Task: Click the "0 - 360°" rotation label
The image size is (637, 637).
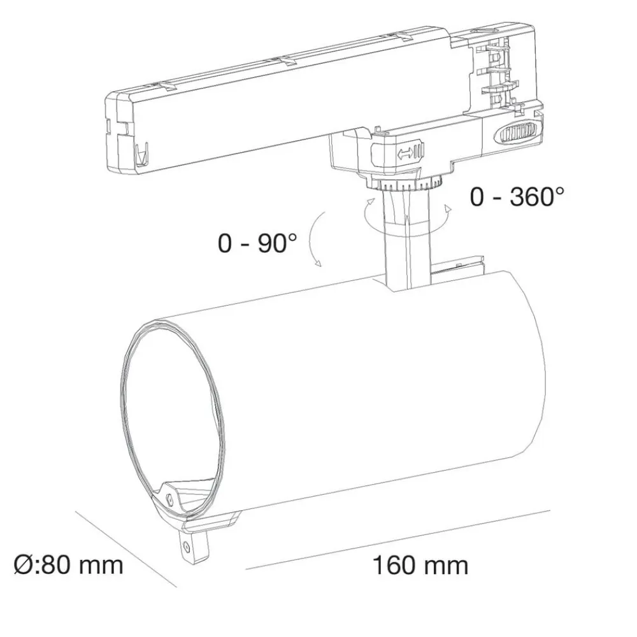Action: pos(517,197)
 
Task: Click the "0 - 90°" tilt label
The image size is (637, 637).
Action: pos(257,243)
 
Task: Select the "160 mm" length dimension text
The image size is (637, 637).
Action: pos(420,565)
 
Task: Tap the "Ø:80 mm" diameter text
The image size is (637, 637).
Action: pos(68,564)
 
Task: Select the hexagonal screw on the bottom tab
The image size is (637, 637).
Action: pos(187,547)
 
